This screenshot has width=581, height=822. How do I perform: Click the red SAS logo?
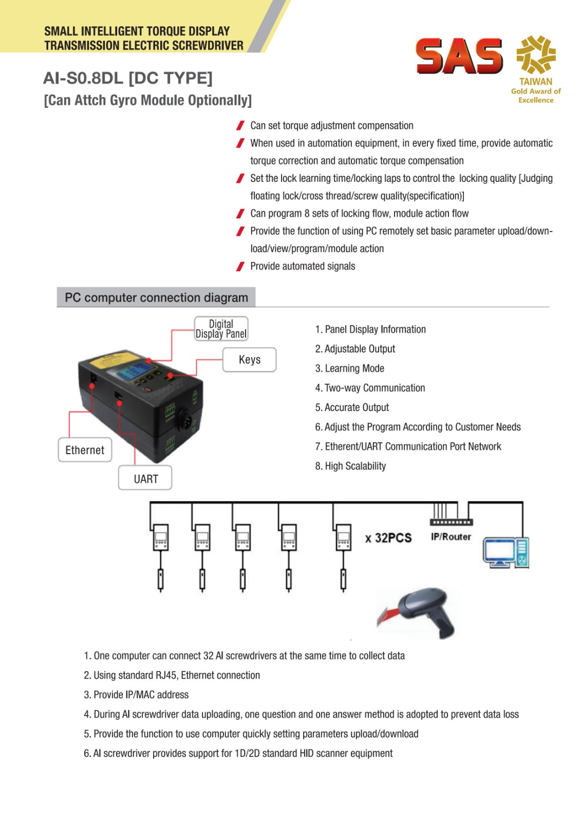pos(459,55)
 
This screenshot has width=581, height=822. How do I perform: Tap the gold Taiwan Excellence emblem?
pos(536,54)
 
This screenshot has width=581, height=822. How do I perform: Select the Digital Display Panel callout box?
pos(221,329)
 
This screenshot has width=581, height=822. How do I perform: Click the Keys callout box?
pos(249,360)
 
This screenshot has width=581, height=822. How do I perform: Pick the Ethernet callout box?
pos(85,450)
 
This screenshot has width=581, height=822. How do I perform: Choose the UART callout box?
pos(145,479)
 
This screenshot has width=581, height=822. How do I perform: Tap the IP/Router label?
pos(451,537)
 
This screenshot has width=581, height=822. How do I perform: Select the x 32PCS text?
pos(388,538)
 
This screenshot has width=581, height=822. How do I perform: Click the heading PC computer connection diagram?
pos(156,297)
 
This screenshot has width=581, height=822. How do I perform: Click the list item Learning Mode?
pos(354,368)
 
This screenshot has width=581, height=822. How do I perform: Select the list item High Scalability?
pos(355,466)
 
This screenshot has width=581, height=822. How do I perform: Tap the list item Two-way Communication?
pos(374,388)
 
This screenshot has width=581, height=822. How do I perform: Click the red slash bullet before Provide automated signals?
pos(240,266)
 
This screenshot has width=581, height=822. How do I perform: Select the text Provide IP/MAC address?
pos(141,695)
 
